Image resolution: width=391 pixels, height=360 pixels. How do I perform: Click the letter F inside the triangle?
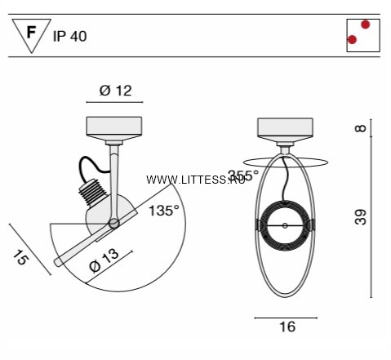(x=31, y=33)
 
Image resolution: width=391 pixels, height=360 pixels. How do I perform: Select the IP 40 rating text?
(x=69, y=36)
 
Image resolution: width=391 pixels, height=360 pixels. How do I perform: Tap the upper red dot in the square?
(x=365, y=24)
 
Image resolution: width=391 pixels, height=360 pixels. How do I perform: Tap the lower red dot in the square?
(x=352, y=40)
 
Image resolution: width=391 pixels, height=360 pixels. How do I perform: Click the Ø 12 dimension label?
(x=115, y=91)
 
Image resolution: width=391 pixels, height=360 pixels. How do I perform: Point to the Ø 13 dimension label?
(x=104, y=260)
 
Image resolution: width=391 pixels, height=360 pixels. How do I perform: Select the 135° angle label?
(x=164, y=211)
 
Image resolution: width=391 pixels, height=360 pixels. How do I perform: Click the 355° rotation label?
(x=243, y=176)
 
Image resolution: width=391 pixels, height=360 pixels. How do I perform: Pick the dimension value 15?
(x=20, y=257)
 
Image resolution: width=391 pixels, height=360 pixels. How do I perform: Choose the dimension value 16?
(x=287, y=327)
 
